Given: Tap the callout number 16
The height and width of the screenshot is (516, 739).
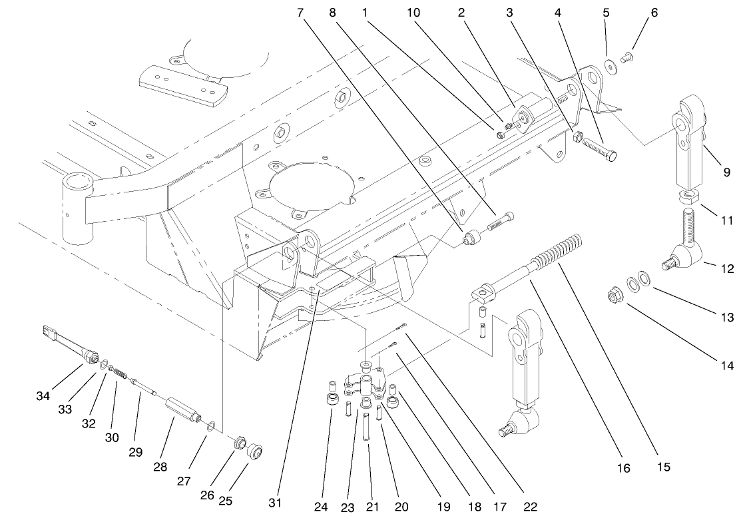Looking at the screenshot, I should pos(623,469).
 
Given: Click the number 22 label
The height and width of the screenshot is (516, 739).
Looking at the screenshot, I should pos(531,506).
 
